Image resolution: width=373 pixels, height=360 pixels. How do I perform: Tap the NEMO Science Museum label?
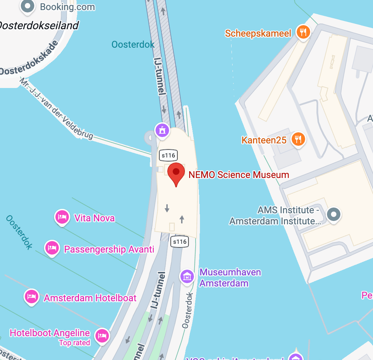coord(239,175)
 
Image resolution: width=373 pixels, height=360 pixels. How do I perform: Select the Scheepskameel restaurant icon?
coord(303,32)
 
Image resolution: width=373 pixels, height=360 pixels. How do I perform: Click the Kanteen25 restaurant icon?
coord(298,139)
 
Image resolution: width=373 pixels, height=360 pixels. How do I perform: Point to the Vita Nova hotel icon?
coord(62,217)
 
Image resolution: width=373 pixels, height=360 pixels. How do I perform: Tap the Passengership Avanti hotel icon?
coord(52,248)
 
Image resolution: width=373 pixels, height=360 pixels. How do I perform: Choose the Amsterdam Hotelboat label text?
coord(90,298)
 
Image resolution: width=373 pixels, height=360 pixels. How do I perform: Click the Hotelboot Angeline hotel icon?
coord(102,335)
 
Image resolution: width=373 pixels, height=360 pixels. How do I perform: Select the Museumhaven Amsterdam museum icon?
coord(188,276)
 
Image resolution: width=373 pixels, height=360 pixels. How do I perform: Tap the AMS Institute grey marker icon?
coord(334,214)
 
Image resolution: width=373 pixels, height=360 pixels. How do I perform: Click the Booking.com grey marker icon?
coord(28,6)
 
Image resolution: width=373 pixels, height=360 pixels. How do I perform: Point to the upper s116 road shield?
coord(168,155)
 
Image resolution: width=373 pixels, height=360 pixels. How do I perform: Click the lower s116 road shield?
coord(179,241)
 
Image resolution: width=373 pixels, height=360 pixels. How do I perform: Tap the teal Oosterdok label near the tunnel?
coord(133,44)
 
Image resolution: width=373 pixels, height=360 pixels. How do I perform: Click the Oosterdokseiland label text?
coord(39,25)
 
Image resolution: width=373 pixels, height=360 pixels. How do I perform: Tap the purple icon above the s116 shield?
coord(162,130)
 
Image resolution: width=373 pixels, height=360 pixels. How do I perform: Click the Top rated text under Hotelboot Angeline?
coord(75,343)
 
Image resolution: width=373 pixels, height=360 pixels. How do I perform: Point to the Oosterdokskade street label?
coord(29,59)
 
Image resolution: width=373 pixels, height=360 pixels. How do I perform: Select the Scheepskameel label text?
coord(258,33)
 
